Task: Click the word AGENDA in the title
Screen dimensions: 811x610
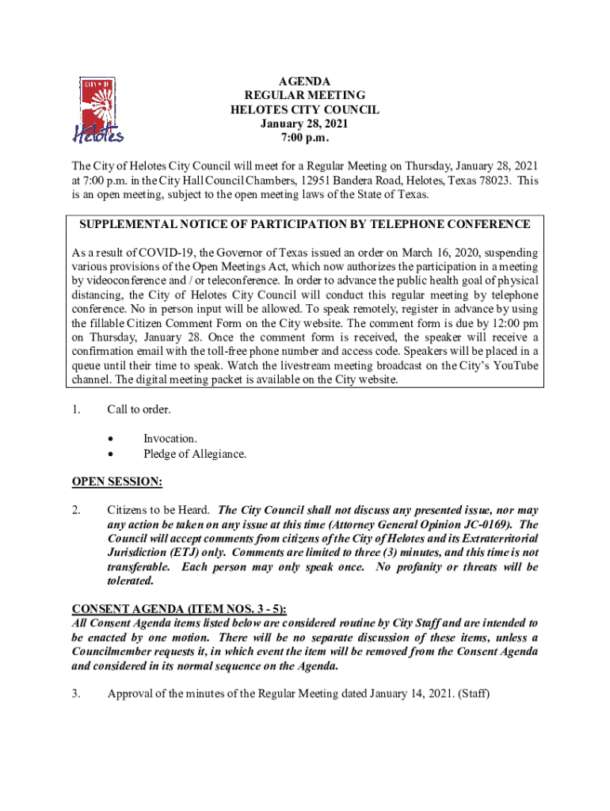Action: pyautogui.click(x=304, y=82)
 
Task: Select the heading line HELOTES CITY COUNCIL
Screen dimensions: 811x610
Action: pyautogui.click(x=304, y=110)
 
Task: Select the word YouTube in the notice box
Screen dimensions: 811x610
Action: pyautogui.click(x=515, y=365)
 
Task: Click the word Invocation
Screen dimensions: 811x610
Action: pyautogui.click(x=170, y=439)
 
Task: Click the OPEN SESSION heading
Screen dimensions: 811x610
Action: pyautogui.click(x=117, y=482)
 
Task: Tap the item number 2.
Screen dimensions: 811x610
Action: pyautogui.click(x=76, y=510)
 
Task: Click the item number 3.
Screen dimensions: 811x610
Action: pyautogui.click(x=76, y=694)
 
